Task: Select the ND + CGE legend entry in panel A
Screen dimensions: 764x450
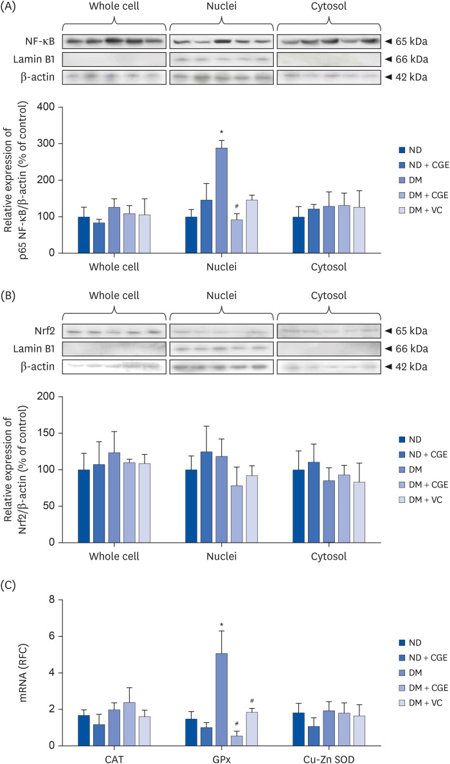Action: tap(424, 164)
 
